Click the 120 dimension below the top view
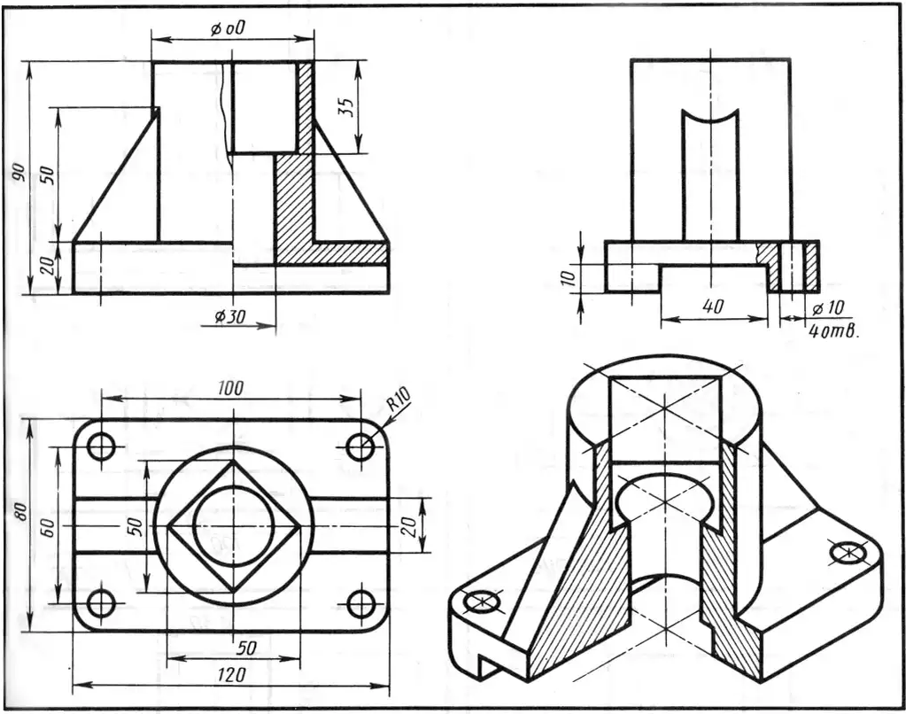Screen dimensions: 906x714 [x=232, y=674]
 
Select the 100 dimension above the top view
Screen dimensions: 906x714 [x=231, y=388]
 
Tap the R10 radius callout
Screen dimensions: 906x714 [x=399, y=399]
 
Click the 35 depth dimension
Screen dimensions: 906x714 [x=345, y=107]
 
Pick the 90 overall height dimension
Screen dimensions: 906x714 [x=19, y=173]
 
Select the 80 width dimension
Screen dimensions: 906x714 [x=20, y=511]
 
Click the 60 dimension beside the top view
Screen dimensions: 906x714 [x=48, y=527]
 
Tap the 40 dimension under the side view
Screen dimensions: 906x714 [x=715, y=306]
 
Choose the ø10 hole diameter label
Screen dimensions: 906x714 [x=827, y=308]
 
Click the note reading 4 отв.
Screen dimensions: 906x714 [x=832, y=332]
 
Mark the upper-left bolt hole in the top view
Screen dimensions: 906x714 [x=102, y=446]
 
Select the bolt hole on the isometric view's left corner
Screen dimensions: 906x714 [x=484, y=601]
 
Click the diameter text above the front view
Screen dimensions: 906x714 [x=227, y=29]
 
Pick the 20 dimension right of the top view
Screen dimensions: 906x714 [x=409, y=526]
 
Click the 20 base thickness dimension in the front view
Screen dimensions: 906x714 [x=49, y=266]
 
